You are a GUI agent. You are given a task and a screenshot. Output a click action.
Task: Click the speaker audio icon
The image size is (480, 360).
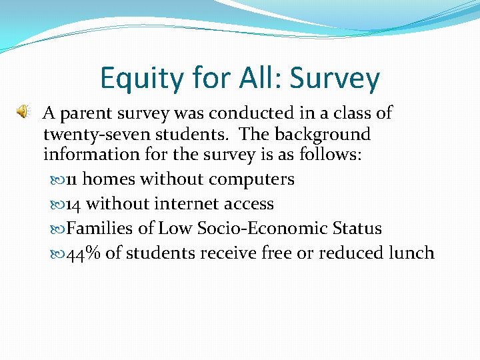[x=23, y=111]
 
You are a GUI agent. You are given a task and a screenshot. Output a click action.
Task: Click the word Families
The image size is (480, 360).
[x=99, y=229]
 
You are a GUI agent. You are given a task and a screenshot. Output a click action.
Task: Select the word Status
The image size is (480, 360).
[x=359, y=229]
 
